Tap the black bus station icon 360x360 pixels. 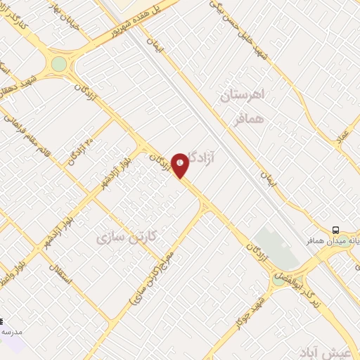point(335,229)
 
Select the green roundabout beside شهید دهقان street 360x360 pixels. point(59,65)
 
